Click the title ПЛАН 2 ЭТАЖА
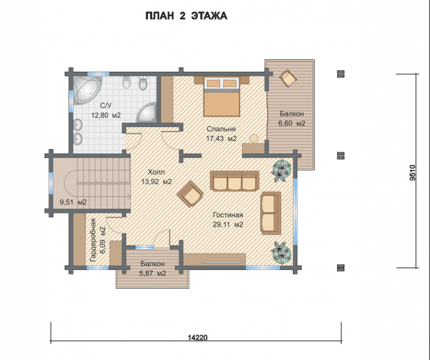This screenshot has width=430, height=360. (186, 16)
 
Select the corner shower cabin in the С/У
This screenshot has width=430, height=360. (147, 113)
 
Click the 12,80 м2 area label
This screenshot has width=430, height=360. (106, 115)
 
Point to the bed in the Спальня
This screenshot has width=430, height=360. (221, 97)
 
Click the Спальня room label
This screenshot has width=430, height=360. (221, 129)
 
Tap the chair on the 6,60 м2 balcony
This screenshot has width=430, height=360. (288, 78)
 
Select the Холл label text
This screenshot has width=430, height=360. (157, 172)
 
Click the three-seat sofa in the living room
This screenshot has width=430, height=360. (234, 181)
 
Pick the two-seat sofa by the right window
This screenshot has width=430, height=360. (271, 213)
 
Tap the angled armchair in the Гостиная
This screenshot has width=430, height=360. (190, 194)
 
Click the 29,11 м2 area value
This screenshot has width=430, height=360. (228, 225)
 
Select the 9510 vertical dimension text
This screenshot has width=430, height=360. (412, 172)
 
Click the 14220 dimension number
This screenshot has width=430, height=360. (198, 337)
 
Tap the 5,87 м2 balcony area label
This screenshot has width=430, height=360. (153, 274)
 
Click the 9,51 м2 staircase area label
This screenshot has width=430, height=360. (73, 203)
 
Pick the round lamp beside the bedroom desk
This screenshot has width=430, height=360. (254, 138)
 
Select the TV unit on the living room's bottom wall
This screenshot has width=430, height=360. (214, 260)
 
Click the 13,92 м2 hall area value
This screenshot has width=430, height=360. (157, 181)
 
